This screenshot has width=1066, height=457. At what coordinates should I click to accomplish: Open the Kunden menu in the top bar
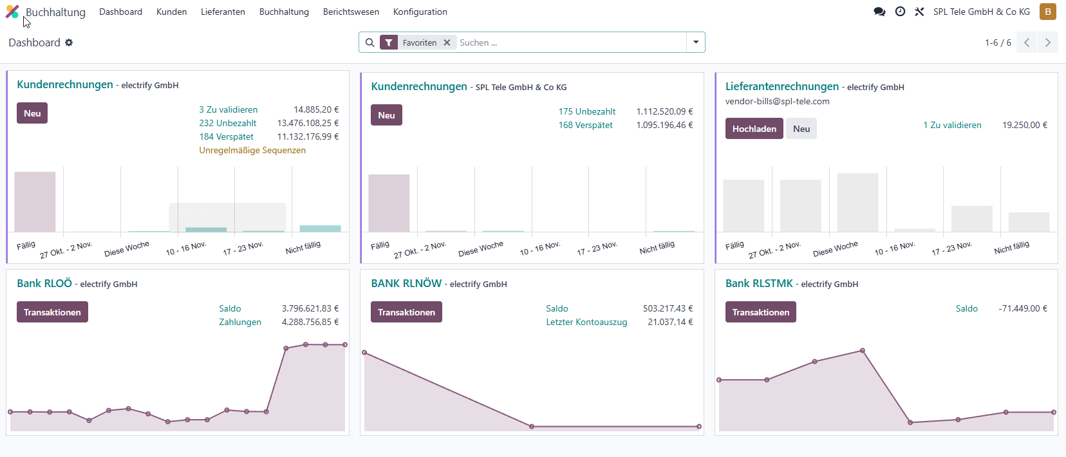171,12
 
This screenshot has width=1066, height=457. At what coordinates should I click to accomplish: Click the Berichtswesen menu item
351,12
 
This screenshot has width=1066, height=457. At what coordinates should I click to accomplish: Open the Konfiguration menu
420,12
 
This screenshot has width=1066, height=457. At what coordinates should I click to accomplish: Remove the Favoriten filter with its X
447,42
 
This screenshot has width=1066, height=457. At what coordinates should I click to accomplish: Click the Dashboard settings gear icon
69,42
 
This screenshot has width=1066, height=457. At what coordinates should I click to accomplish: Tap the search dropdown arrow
696,42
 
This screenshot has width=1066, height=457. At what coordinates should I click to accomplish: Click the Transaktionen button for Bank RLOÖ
52,312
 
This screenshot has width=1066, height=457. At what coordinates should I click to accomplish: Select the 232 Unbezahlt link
227,123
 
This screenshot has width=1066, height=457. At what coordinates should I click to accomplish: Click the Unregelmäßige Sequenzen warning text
252,150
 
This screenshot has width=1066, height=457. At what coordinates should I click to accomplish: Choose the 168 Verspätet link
585,126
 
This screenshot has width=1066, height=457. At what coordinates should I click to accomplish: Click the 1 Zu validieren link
952,126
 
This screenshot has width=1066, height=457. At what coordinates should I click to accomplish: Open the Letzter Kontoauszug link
586,322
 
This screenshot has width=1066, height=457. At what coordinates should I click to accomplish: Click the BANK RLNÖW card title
406,283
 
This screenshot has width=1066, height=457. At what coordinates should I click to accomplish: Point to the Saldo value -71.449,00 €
1023,308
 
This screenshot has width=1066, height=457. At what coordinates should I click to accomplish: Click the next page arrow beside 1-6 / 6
1047,42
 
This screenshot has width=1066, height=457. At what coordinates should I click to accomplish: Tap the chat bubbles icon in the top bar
879,12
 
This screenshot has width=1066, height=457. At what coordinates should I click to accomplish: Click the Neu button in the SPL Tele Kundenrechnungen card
386,115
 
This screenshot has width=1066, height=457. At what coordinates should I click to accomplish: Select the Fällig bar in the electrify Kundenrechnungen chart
35,202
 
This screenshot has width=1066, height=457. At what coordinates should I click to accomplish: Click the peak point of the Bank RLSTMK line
863,351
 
